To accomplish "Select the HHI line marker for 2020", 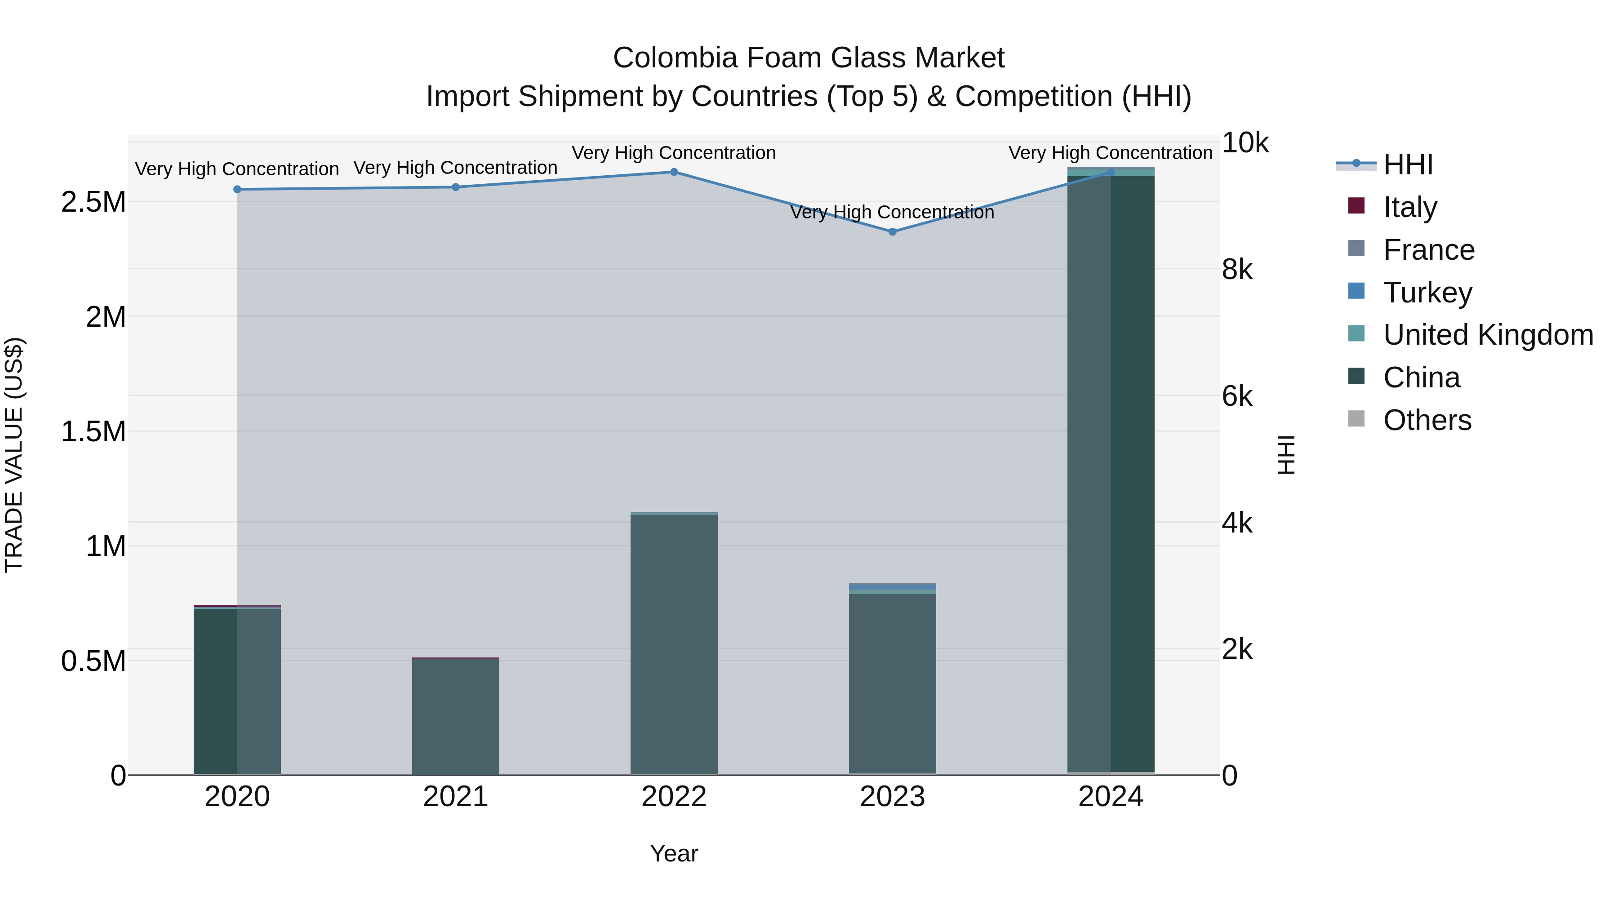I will pos(237,189).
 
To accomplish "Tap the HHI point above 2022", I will pos(674,172).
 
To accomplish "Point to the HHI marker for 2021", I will pos(456,187).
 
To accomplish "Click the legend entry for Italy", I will pos(1409,207).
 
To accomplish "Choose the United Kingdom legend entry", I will pos(1487,335).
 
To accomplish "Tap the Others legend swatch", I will pos(1357,419).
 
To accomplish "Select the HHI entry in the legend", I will pos(1408,164).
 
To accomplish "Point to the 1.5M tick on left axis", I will pos(93,431).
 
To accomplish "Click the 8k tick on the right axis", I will pos(1237,270).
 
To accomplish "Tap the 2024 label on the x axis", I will pos(1111,797).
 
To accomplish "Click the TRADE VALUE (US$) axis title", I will pos(14,455).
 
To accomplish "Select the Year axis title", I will pos(674,853).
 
